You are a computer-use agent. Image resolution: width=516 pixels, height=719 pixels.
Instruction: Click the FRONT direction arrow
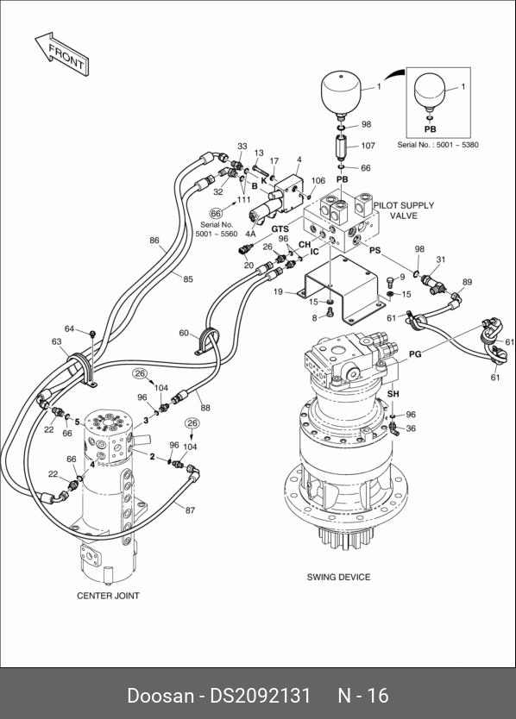[x=62, y=53]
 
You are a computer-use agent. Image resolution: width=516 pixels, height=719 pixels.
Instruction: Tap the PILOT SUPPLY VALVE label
[x=404, y=210]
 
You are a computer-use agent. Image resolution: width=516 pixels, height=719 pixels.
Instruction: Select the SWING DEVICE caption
[x=338, y=577]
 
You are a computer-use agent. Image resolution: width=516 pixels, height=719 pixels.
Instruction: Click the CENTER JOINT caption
[x=108, y=596]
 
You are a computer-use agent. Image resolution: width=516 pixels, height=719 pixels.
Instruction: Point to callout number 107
[x=368, y=146]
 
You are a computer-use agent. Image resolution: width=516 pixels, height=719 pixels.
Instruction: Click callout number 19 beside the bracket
[x=278, y=291]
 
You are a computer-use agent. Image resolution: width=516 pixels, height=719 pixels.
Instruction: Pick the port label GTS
[x=280, y=228]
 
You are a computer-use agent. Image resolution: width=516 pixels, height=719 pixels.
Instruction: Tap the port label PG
[x=415, y=354]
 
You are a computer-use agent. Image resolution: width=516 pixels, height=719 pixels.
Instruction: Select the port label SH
[x=393, y=394]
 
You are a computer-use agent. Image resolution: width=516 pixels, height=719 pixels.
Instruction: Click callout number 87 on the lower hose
[x=190, y=510]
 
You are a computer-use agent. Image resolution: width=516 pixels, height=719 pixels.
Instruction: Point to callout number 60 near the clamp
[x=184, y=333]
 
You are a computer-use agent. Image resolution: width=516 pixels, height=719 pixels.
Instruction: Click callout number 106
[x=318, y=181]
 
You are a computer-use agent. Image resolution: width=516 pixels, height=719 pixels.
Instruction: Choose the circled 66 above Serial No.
[x=216, y=214]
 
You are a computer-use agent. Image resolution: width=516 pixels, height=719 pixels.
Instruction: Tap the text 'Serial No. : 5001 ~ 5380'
[x=438, y=145]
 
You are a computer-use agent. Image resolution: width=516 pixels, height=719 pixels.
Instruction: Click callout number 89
[x=467, y=282]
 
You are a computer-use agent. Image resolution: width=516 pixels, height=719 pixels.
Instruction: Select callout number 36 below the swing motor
[x=411, y=428]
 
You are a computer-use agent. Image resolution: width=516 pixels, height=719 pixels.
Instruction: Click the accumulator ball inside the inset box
[x=429, y=91]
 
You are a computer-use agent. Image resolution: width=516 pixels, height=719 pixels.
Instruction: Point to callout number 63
[x=56, y=341]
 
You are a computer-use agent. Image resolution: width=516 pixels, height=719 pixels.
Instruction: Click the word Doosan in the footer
[x=160, y=695]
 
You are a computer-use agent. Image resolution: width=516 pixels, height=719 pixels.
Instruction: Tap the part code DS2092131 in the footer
[x=261, y=695]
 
